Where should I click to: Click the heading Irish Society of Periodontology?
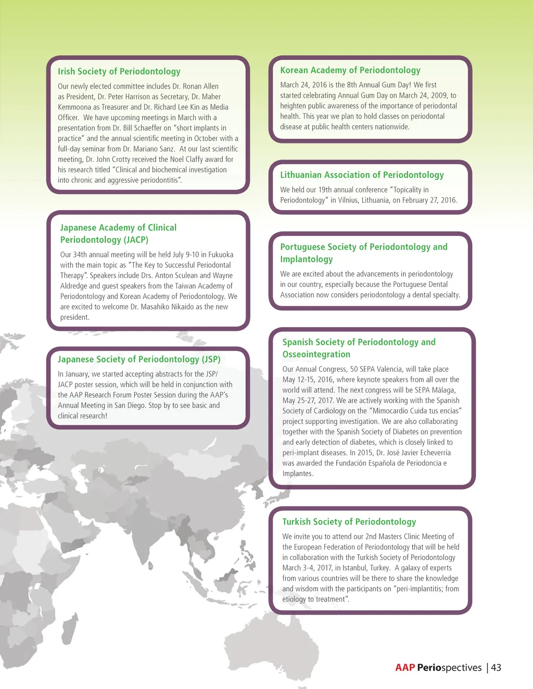pos(119,72)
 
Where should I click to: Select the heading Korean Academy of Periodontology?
pos(350,70)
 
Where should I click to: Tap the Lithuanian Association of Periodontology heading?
pos(362,175)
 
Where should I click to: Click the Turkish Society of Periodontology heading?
pos(349,522)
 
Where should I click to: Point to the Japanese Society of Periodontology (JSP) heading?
pos(139,359)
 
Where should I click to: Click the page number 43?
pos(496,668)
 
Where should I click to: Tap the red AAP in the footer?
pos(405,668)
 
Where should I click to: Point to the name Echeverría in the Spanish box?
pos(434,453)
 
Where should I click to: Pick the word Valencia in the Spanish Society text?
pos(389,369)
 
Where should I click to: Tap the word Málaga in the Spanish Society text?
pos(443,390)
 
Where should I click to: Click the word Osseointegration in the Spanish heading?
pos(316,355)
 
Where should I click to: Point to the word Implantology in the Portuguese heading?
pos(307,259)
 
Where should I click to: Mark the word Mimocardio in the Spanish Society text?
pos(392,411)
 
